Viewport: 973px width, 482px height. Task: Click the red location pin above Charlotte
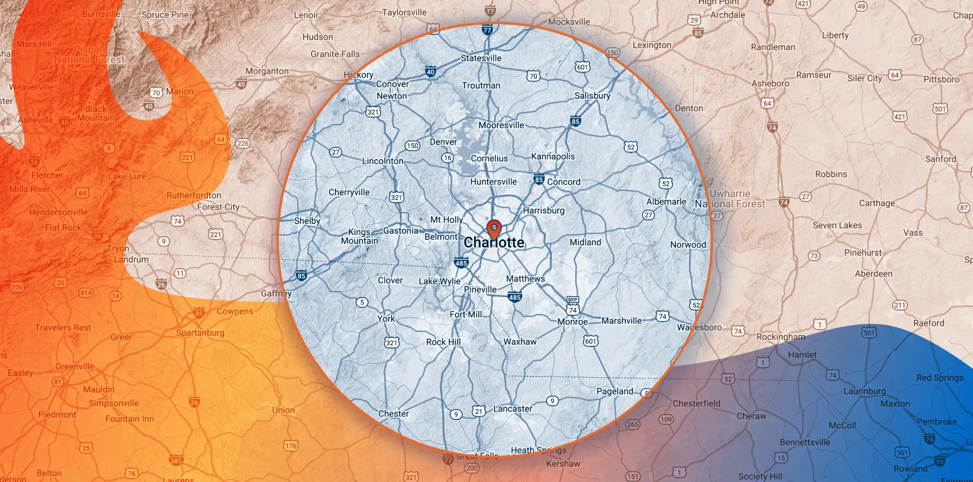point(494,228)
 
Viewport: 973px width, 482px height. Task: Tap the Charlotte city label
point(494,243)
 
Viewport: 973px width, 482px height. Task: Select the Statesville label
point(481,58)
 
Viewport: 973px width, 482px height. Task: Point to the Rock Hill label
point(443,342)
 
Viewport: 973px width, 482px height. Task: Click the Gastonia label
point(401,231)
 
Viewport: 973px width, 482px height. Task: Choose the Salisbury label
point(592,96)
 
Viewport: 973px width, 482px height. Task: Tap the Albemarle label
point(666,202)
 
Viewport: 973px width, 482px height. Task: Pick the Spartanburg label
point(200,333)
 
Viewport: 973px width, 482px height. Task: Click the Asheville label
point(36,120)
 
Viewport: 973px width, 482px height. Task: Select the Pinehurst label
point(863,253)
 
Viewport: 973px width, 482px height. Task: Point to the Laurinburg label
point(865,391)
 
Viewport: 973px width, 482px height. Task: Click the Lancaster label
point(513,408)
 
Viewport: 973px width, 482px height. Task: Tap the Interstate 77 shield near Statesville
point(487,30)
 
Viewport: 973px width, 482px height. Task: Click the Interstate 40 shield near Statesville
point(430,71)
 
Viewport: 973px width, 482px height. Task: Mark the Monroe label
point(572,322)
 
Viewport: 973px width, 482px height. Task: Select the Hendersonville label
point(58,212)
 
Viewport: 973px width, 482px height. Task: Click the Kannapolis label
point(553,157)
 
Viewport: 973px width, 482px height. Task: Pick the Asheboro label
point(770,84)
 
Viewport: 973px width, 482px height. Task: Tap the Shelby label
point(307,221)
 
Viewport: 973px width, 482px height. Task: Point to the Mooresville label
point(501,125)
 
